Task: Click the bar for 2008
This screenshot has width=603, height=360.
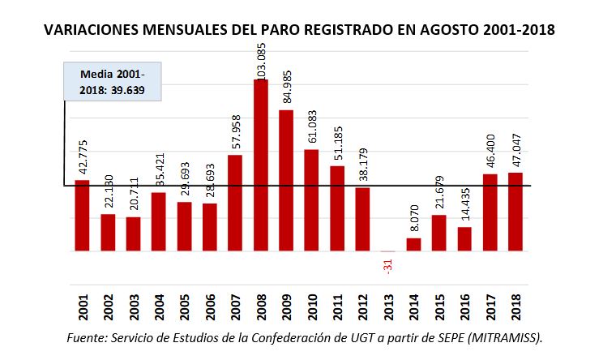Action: pos(261,165)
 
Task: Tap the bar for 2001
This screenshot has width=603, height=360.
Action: pos(83,216)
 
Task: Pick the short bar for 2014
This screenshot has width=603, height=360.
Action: pos(413,244)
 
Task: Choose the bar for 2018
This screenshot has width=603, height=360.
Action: pos(515,212)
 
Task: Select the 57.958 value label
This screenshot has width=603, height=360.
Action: pos(236,131)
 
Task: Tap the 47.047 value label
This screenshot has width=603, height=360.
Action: pos(515,148)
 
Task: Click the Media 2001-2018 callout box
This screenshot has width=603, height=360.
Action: pos(113,81)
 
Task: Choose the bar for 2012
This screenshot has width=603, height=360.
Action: pos(362,219)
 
